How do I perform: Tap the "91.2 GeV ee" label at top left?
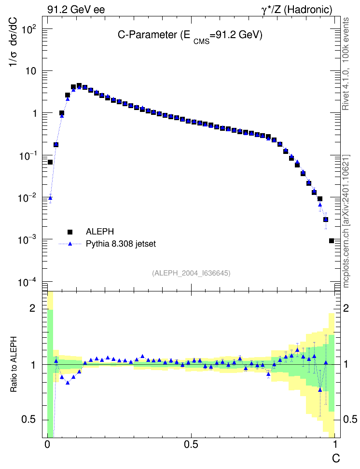tap(76, 10)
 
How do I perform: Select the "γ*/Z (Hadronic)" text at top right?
tap(297, 10)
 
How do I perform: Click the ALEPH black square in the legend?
tap(70, 232)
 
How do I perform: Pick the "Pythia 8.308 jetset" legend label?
tap(121, 244)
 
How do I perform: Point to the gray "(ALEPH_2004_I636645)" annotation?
tap(191, 273)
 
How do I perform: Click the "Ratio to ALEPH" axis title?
tap(14, 364)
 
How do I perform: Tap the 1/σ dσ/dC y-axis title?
tap(13, 42)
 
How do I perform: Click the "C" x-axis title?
tap(336, 458)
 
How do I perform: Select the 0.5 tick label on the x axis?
tap(191, 444)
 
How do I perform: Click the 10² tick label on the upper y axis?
tap(29, 30)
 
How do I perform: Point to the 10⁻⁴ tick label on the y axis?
tap(27, 282)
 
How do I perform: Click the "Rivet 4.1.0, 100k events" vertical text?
tap(346, 64)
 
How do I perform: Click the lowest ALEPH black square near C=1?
tap(331, 241)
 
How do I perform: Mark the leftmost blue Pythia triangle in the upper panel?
tap(50, 198)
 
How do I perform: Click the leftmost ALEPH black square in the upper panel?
tap(50, 162)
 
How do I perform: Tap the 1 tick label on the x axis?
tap(335, 444)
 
